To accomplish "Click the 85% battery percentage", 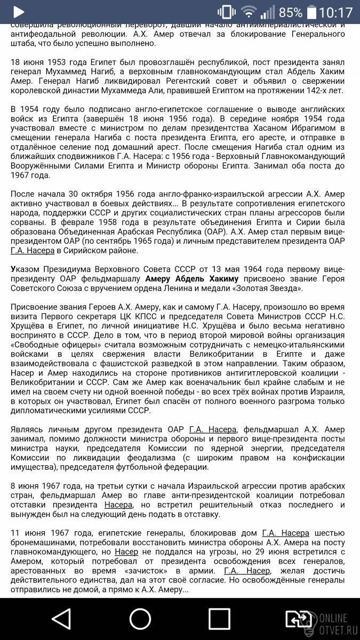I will pyautogui.click(x=290, y=12).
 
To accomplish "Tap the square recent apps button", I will pyautogui.click(x=219, y=618).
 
